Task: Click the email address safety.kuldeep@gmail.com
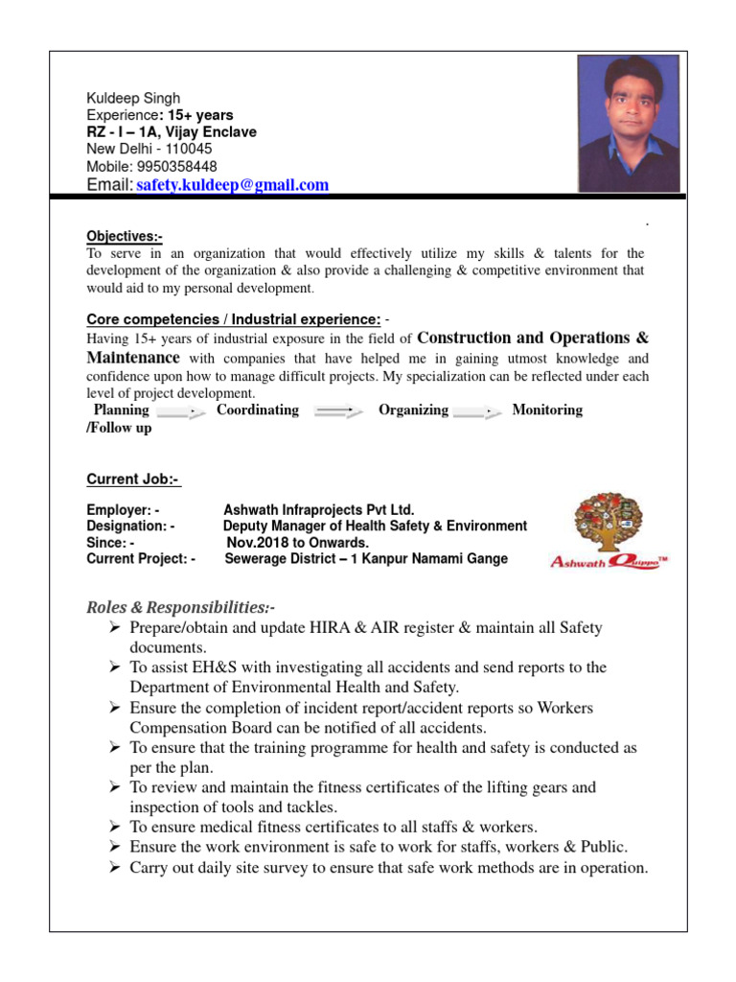pyautogui.click(x=232, y=185)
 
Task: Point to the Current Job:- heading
pyautogui.click(x=133, y=479)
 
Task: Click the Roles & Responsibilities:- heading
pyautogui.click(x=181, y=607)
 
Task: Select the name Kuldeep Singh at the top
pyautogui.click(x=133, y=98)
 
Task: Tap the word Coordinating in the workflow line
pyautogui.click(x=258, y=409)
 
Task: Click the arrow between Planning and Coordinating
pyautogui.click(x=182, y=411)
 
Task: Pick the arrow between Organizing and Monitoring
pyautogui.click(x=478, y=411)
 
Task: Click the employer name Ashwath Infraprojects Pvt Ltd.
pyautogui.click(x=319, y=510)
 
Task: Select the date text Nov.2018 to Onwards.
pyautogui.click(x=297, y=542)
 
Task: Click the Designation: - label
pyautogui.click(x=131, y=526)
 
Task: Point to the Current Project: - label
pyautogui.click(x=141, y=558)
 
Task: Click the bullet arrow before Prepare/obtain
pyautogui.click(x=114, y=627)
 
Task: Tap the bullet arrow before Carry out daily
pyautogui.click(x=114, y=868)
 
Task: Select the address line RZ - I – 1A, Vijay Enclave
pyautogui.click(x=172, y=132)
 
